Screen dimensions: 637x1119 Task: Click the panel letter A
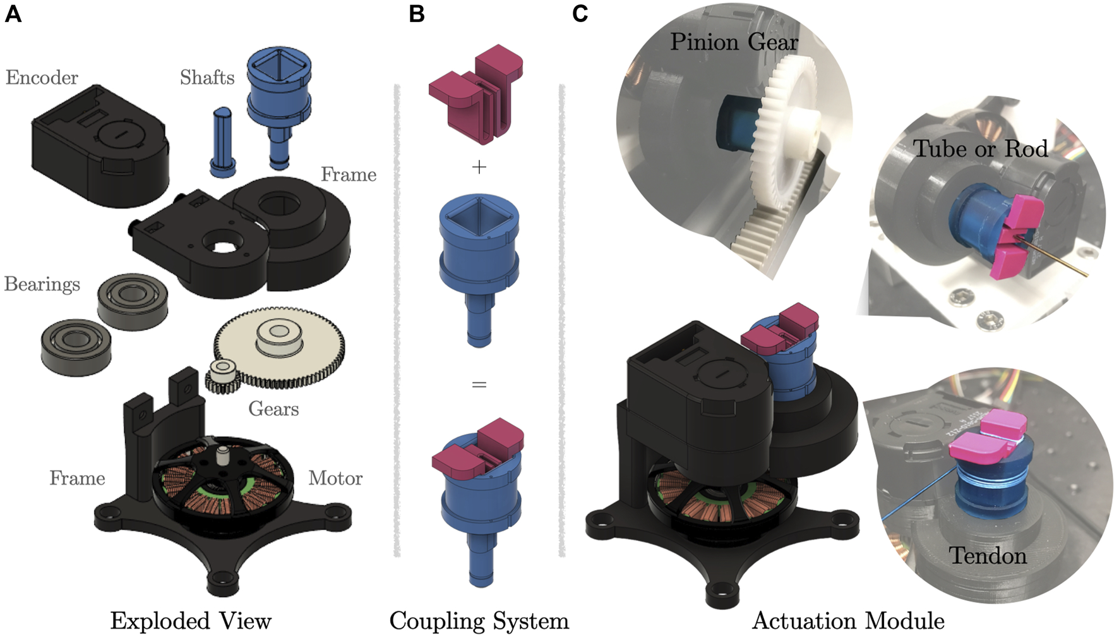pyautogui.click(x=13, y=14)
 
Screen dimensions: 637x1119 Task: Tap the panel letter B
pyautogui.click(x=416, y=14)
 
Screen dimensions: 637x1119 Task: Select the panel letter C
pyautogui.click(x=580, y=14)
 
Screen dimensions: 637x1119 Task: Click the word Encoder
pyautogui.click(x=42, y=78)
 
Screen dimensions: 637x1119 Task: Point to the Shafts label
pyautogui.click(x=207, y=78)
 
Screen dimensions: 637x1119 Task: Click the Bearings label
pyautogui.click(x=42, y=284)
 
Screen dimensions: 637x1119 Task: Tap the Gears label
pyautogui.click(x=273, y=409)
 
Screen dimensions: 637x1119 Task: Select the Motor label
pyautogui.click(x=335, y=478)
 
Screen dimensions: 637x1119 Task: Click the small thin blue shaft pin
pyautogui.click(x=222, y=142)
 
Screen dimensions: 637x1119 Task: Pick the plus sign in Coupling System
pyautogui.click(x=479, y=167)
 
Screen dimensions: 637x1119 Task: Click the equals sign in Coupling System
pyautogui.click(x=479, y=384)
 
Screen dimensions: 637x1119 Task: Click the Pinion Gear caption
pyautogui.click(x=734, y=42)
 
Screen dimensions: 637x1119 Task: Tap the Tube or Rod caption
pyautogui.click(x=980, y=149)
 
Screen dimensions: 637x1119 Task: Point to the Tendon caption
pyautogui.click(x=988, y=556)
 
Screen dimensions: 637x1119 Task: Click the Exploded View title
pyautogui.click(x=191, y=621)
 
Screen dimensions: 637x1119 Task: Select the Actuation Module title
pyautogui.click(x=848, y=621)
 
